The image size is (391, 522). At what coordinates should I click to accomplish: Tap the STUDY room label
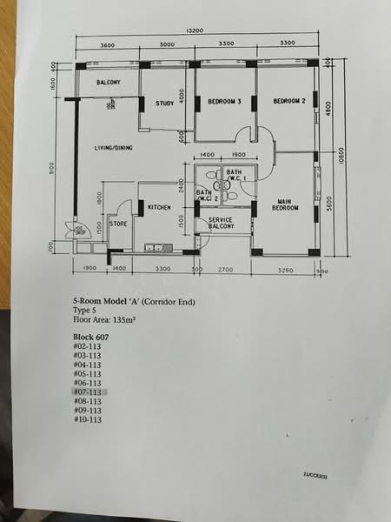click(x=164, y=104)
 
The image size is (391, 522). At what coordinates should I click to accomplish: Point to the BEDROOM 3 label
click(x=225, y=102)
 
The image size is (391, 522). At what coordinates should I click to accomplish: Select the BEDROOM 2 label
click(x=289, y=101)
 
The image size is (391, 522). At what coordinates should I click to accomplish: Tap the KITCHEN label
click(x=159, y=207)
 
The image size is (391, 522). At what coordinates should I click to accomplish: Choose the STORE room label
click(x=119, y=224)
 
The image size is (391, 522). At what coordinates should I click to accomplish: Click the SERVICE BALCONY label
click(x=222, y=224)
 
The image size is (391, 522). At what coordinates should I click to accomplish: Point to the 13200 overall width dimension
click(x=195, y=31)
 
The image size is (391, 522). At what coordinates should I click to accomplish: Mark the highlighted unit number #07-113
click(x=89, y=392)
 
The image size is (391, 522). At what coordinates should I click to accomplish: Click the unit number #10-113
click(x=89, y=419)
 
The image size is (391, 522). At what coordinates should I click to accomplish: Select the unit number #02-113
click(x=89, y=346)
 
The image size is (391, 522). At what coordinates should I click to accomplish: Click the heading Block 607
click(x=91, y=336)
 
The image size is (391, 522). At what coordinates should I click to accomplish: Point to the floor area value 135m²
click(x=127, y=319)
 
